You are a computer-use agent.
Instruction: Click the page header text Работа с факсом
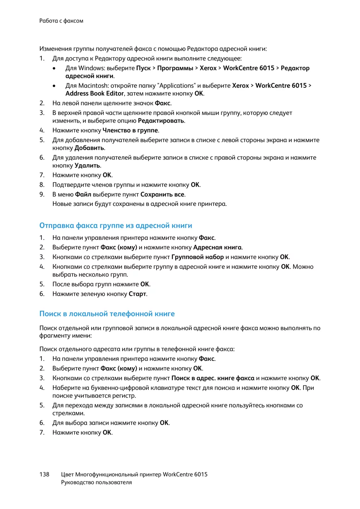(61, 21)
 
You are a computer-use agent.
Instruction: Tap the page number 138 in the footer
(44, 474)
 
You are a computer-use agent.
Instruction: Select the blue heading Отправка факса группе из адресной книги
(116, 226)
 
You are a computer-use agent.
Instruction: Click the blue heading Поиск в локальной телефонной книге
(107, 314)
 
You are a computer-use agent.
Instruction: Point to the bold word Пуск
(143, 68)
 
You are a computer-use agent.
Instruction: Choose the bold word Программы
(175, 68)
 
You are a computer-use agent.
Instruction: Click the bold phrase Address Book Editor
(95, 94)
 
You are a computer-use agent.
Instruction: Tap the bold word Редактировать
(161, 121)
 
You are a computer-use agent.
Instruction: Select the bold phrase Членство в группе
(130, 130)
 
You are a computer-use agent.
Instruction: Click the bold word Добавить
(89, 148)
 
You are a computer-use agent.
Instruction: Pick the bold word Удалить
(87, 166)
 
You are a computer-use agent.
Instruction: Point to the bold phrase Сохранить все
(162, 194)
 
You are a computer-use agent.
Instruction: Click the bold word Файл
(83, 194)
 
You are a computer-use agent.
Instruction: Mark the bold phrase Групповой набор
(198, 257)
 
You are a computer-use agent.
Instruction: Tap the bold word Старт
(137, 294)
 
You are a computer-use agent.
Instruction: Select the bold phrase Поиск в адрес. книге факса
(213, 378)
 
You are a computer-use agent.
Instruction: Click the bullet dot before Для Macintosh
(54, 86)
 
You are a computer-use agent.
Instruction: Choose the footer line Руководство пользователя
(96, 482)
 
